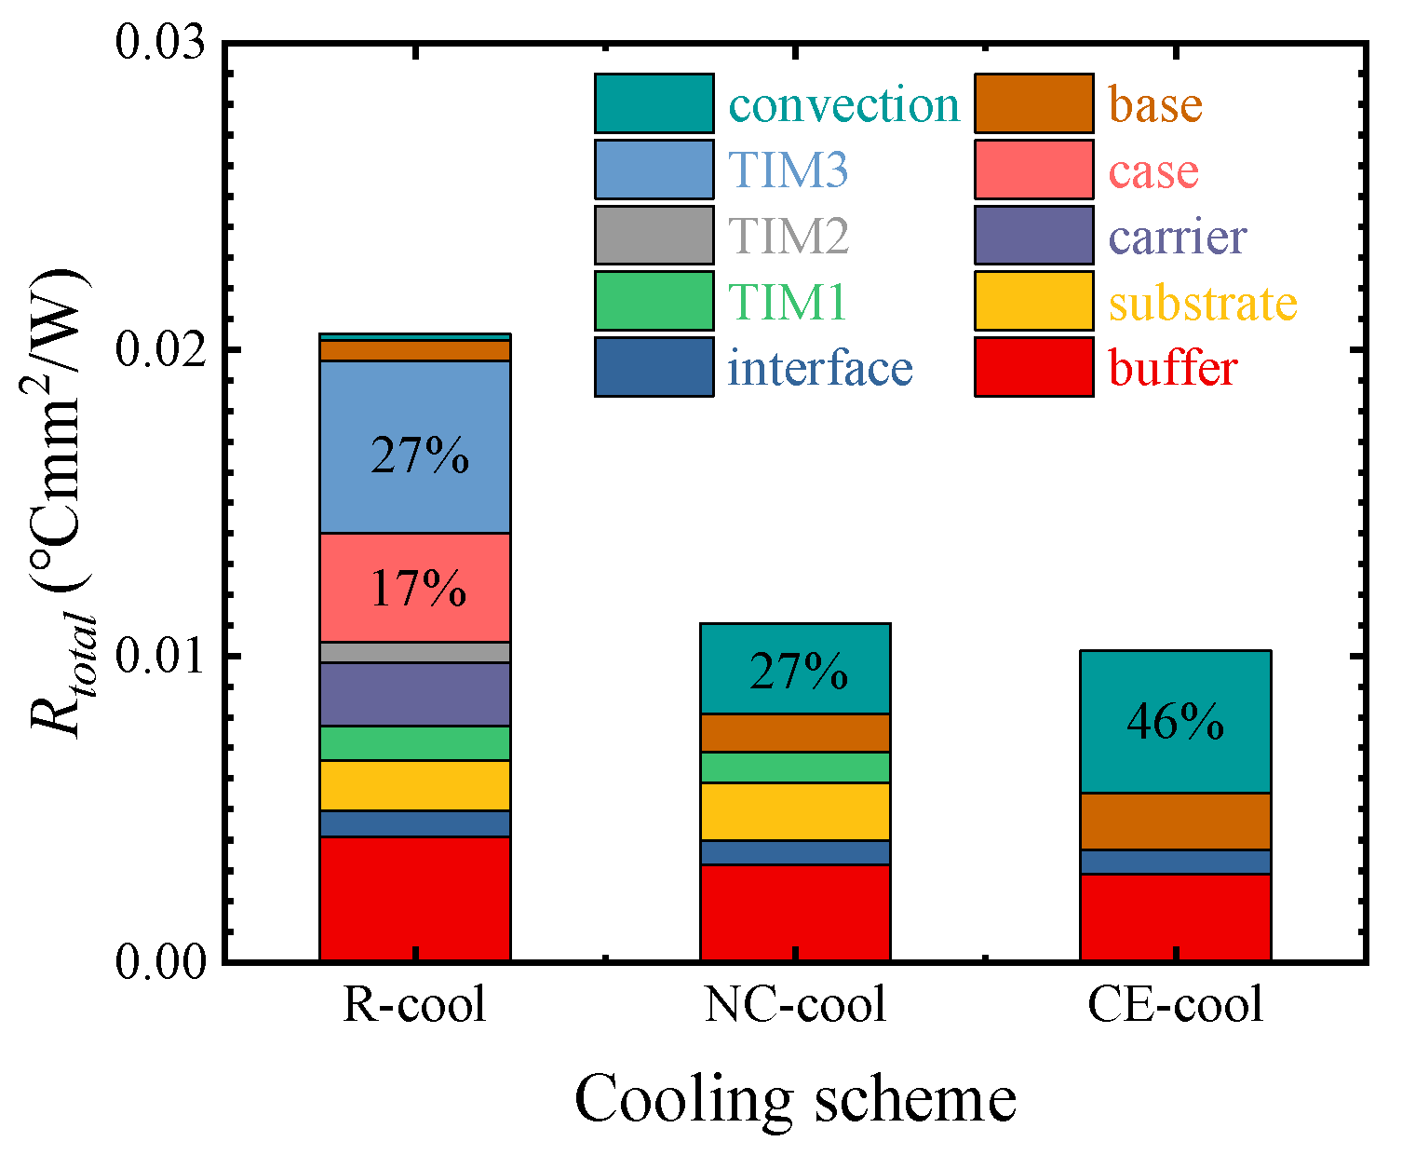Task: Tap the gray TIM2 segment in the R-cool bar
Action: [x=415, y=652]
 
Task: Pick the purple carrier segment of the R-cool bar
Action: [x=415, y=694]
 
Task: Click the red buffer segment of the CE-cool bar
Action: [x=1175, y=917]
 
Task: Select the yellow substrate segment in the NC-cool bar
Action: [x=795, y=811]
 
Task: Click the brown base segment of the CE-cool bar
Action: [x=1175, y=821]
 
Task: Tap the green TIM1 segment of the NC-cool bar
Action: [x=795, y=768]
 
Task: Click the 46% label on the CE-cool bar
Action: [x=1175, y=723]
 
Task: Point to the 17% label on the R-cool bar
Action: [x=418, y=590]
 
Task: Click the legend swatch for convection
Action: [x=654, y=103]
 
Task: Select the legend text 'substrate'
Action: [x=1203, y=303]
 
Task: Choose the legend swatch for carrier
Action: [x=1034, y=235]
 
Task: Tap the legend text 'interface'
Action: [x=820, y=368]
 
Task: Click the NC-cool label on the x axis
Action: [x=795, y=1005]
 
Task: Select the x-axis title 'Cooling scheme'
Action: [x=795, y=1099]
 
